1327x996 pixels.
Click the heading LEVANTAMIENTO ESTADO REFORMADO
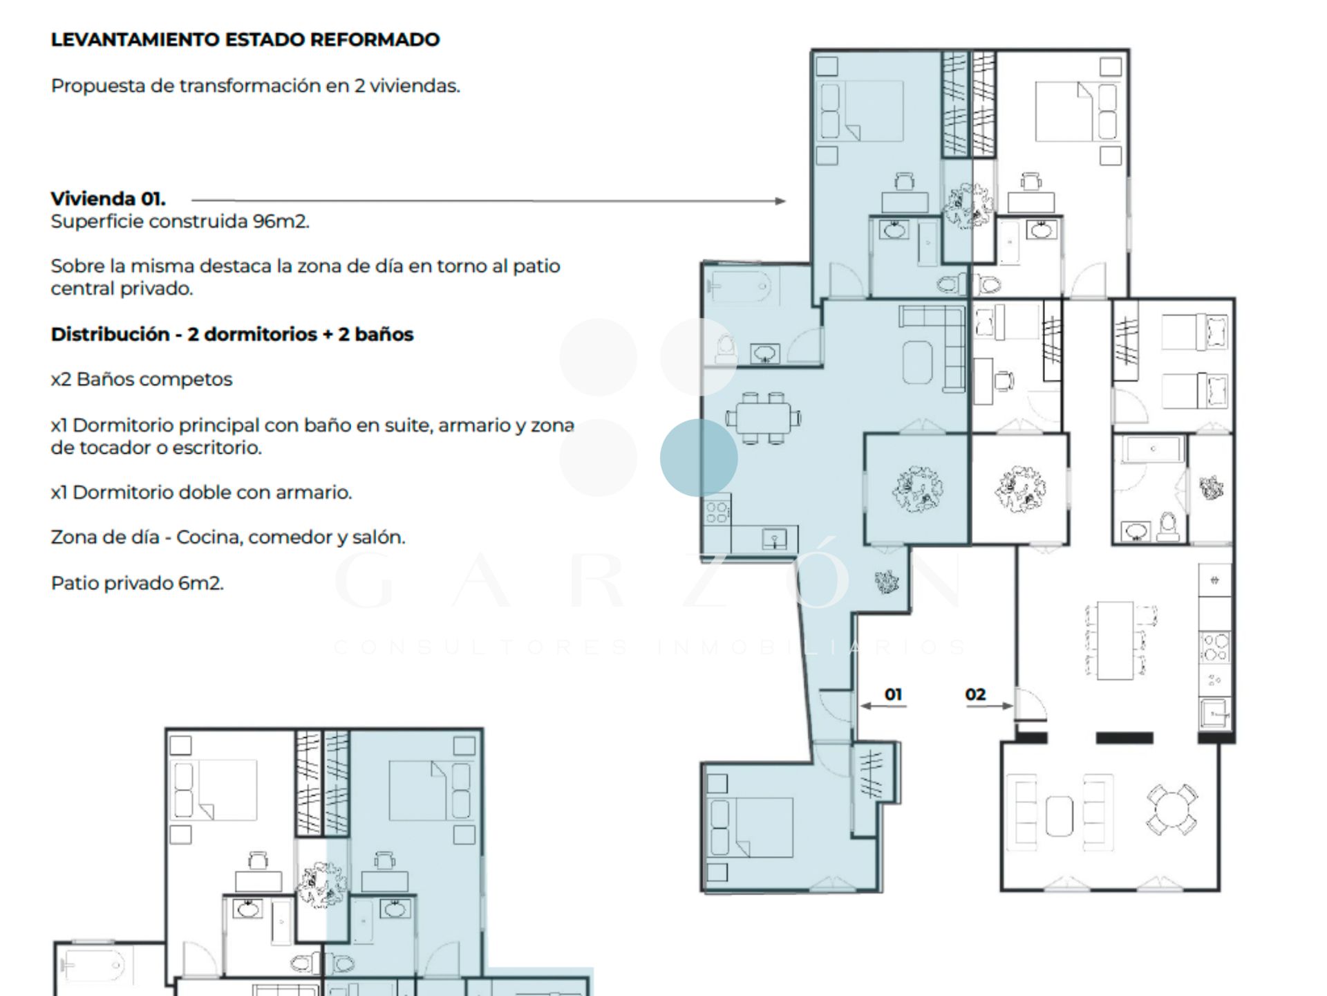245,39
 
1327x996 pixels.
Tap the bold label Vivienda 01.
109,199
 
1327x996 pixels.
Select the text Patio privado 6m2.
138,583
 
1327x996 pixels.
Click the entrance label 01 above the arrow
893,694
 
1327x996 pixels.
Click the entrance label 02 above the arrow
975,694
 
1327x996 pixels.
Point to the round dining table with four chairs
1172,809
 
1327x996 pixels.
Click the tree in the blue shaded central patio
917,489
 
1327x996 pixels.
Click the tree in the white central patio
1019,489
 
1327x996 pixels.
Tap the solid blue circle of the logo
698,458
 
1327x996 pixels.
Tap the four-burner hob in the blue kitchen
717,511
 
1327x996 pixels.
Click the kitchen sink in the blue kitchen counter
775,539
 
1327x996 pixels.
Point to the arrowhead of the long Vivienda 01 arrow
780,201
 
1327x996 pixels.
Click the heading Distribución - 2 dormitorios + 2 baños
232,335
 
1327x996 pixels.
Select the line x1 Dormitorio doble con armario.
201,492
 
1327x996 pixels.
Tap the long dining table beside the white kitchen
1115,640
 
